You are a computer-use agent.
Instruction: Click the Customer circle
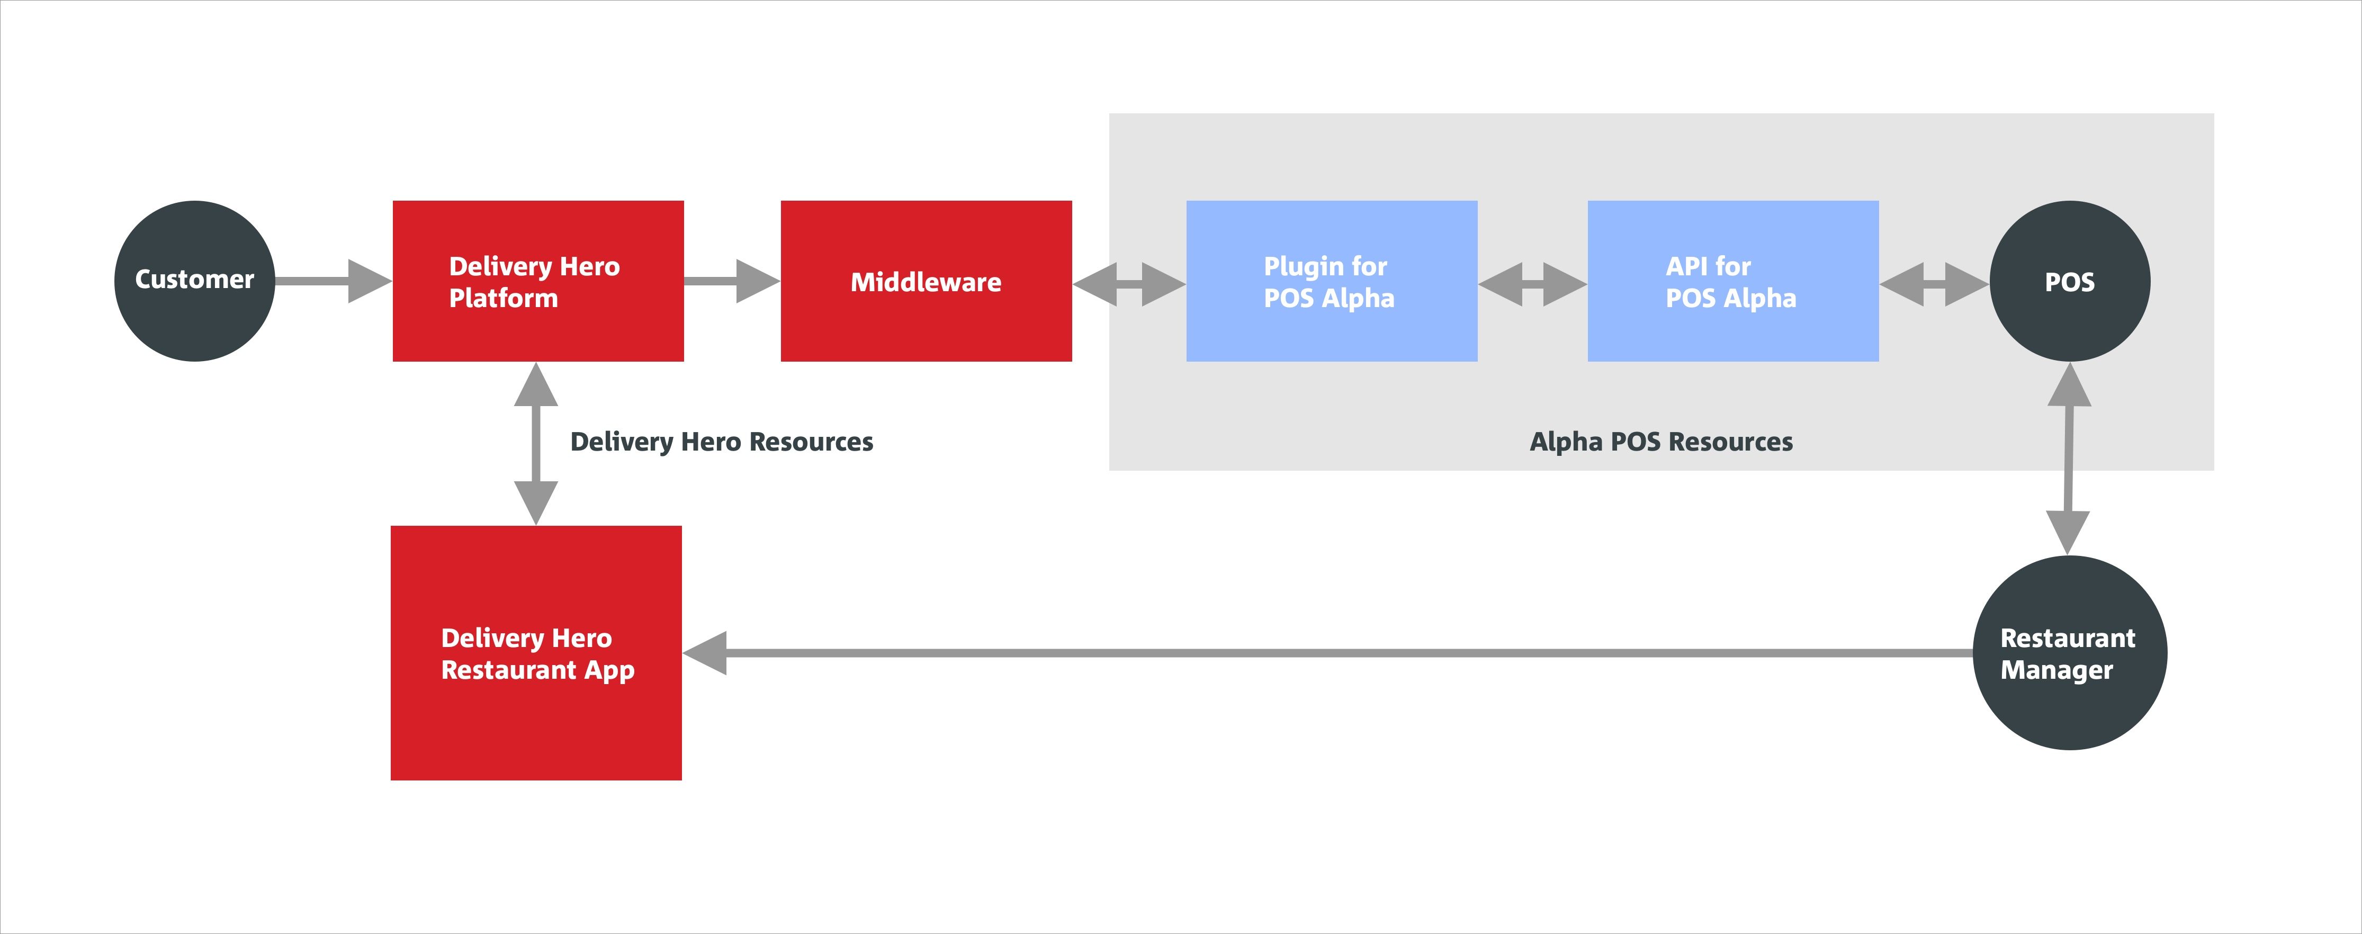click(194, 281)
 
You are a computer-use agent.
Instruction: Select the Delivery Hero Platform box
click(538, 281)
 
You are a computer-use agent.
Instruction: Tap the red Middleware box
click(926, 281)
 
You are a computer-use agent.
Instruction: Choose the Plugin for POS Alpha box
click(1332, 281)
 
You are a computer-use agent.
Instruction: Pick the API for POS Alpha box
click(1733, 281)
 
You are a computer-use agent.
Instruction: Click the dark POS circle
click(2070, 281)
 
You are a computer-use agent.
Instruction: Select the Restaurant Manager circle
click(2070, 653)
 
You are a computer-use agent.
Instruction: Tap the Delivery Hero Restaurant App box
click(536, 653)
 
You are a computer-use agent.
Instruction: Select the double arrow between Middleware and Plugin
click(1129, 284)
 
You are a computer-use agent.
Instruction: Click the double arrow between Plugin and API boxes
click(1532, 284)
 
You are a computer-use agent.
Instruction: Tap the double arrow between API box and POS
click(1934, 284)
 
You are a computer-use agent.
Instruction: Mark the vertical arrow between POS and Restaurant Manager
click(2069, 459)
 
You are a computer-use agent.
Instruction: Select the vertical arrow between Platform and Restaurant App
click(536, 444)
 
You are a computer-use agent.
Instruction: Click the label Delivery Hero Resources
click(722, 442)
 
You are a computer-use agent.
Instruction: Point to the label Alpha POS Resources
click(1660, 442)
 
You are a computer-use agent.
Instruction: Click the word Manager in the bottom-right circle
click(2056, 670)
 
